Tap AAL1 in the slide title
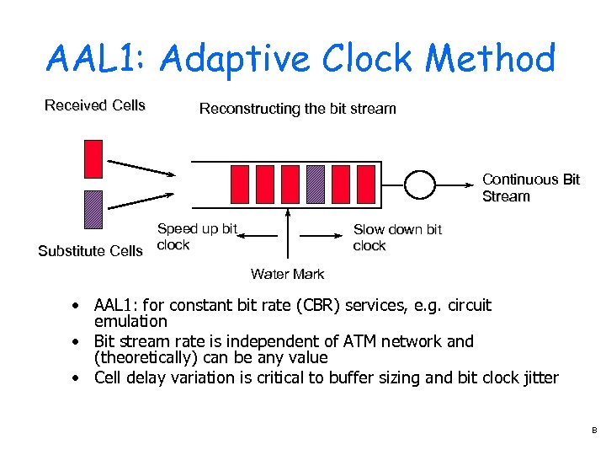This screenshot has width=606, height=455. coord(96,59)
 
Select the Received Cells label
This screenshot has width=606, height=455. coord(95,105)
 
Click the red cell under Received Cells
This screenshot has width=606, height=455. coord(93,159)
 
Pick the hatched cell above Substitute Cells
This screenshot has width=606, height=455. coord(93,210)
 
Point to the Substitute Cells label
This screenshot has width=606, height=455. coord(91,251)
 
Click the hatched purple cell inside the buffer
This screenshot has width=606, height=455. coord(315,185)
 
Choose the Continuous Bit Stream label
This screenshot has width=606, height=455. coord(530,188)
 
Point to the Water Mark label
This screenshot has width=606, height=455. coord(287,274)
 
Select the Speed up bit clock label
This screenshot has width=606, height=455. coord(197,237)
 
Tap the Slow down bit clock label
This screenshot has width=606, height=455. coord(396,238)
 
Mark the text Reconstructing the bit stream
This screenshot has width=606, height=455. coord(297,109)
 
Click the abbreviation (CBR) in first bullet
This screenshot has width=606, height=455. coord(340,305)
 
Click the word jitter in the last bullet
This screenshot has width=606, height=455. coord(538,377)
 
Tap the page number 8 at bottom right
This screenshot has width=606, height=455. coord(593,430)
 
